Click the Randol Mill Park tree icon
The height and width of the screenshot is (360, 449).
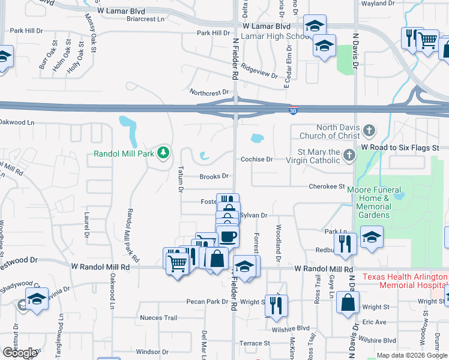(x=163, y=153)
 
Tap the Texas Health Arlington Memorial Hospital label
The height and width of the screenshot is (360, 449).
(x=405, y=281)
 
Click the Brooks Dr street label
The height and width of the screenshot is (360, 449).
(x=214, y=176)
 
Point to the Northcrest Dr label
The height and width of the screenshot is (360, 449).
(x=209, y=92)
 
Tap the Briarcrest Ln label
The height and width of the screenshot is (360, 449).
(x=145, y=19)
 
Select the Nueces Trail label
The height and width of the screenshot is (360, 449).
(x=158, y=318)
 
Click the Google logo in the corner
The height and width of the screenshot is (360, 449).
(x=19, y=353)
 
